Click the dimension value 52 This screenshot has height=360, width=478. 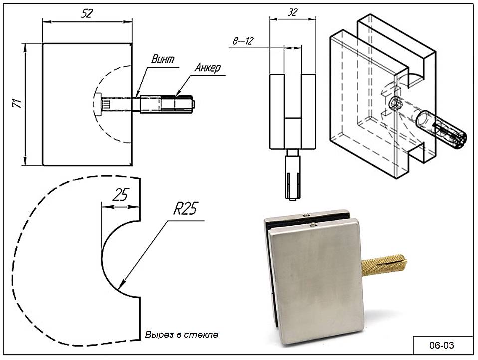(x=87, y=13)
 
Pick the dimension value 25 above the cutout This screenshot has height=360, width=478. (x=120, y=194)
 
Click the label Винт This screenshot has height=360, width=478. (x=163, y=59)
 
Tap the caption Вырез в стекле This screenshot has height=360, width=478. (x=181, y=334)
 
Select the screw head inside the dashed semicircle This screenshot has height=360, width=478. (x=106, y=105)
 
